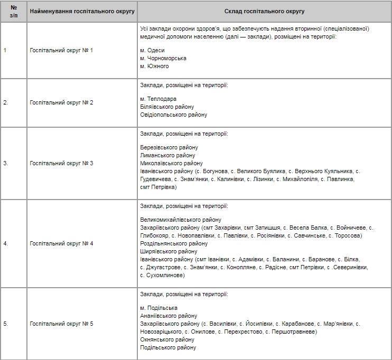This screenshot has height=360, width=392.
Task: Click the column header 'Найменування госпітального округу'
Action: pos(82,11)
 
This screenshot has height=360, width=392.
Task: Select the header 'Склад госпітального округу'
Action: pos(264,11)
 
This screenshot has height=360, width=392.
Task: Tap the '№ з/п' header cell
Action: pos(14,11)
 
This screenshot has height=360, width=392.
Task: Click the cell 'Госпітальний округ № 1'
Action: pos(61,50)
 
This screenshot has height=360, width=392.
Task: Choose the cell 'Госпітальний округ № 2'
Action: pos(61,102)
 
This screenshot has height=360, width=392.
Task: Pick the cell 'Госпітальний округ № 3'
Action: pos(61,163)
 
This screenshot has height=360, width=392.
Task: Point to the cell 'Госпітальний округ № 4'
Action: pos(61,243)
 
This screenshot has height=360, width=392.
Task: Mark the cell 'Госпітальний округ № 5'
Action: pos(61,324)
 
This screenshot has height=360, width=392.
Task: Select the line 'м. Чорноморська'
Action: pos(163,58)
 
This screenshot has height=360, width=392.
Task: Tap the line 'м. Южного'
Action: pos(155,67)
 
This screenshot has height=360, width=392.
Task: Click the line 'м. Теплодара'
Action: pos(158,99)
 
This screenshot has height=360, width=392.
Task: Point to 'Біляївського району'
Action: pos(167,107)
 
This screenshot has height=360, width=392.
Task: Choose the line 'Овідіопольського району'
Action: pos(173,115)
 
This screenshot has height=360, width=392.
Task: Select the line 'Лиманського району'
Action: pos(167,155)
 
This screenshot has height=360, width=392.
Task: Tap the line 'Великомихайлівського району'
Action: pos(181,220)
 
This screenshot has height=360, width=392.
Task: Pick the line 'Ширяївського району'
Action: pos(169,251)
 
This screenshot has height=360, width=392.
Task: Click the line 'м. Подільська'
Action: pos(159,308)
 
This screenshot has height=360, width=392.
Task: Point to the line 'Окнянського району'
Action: pos(167,339)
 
